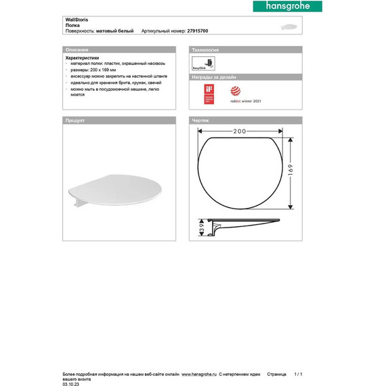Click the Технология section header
(x=207, y=50)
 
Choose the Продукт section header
(x=74, y=120)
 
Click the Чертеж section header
(x=201, y=120)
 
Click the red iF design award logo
(x=209, y=93)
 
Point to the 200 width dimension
(x=238, y=129)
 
